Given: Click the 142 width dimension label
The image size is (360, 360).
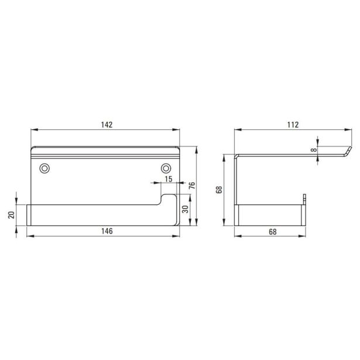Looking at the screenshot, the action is (107, 125).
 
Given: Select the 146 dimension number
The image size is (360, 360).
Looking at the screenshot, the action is (107, 231).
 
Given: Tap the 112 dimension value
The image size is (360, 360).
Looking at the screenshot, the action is (293, 125).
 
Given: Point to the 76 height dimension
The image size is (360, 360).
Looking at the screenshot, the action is (192, 186).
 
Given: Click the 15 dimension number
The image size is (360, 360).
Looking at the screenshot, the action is (169, 179).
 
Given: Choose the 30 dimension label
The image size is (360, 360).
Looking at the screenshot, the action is (186, 209).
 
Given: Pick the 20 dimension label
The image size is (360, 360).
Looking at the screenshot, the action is (12, 215).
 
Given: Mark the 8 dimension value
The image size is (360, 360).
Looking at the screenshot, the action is (314, 150).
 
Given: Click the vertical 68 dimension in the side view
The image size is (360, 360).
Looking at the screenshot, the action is (220, 190).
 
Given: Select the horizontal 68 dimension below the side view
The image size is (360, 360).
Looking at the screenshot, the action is (273, 232).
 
